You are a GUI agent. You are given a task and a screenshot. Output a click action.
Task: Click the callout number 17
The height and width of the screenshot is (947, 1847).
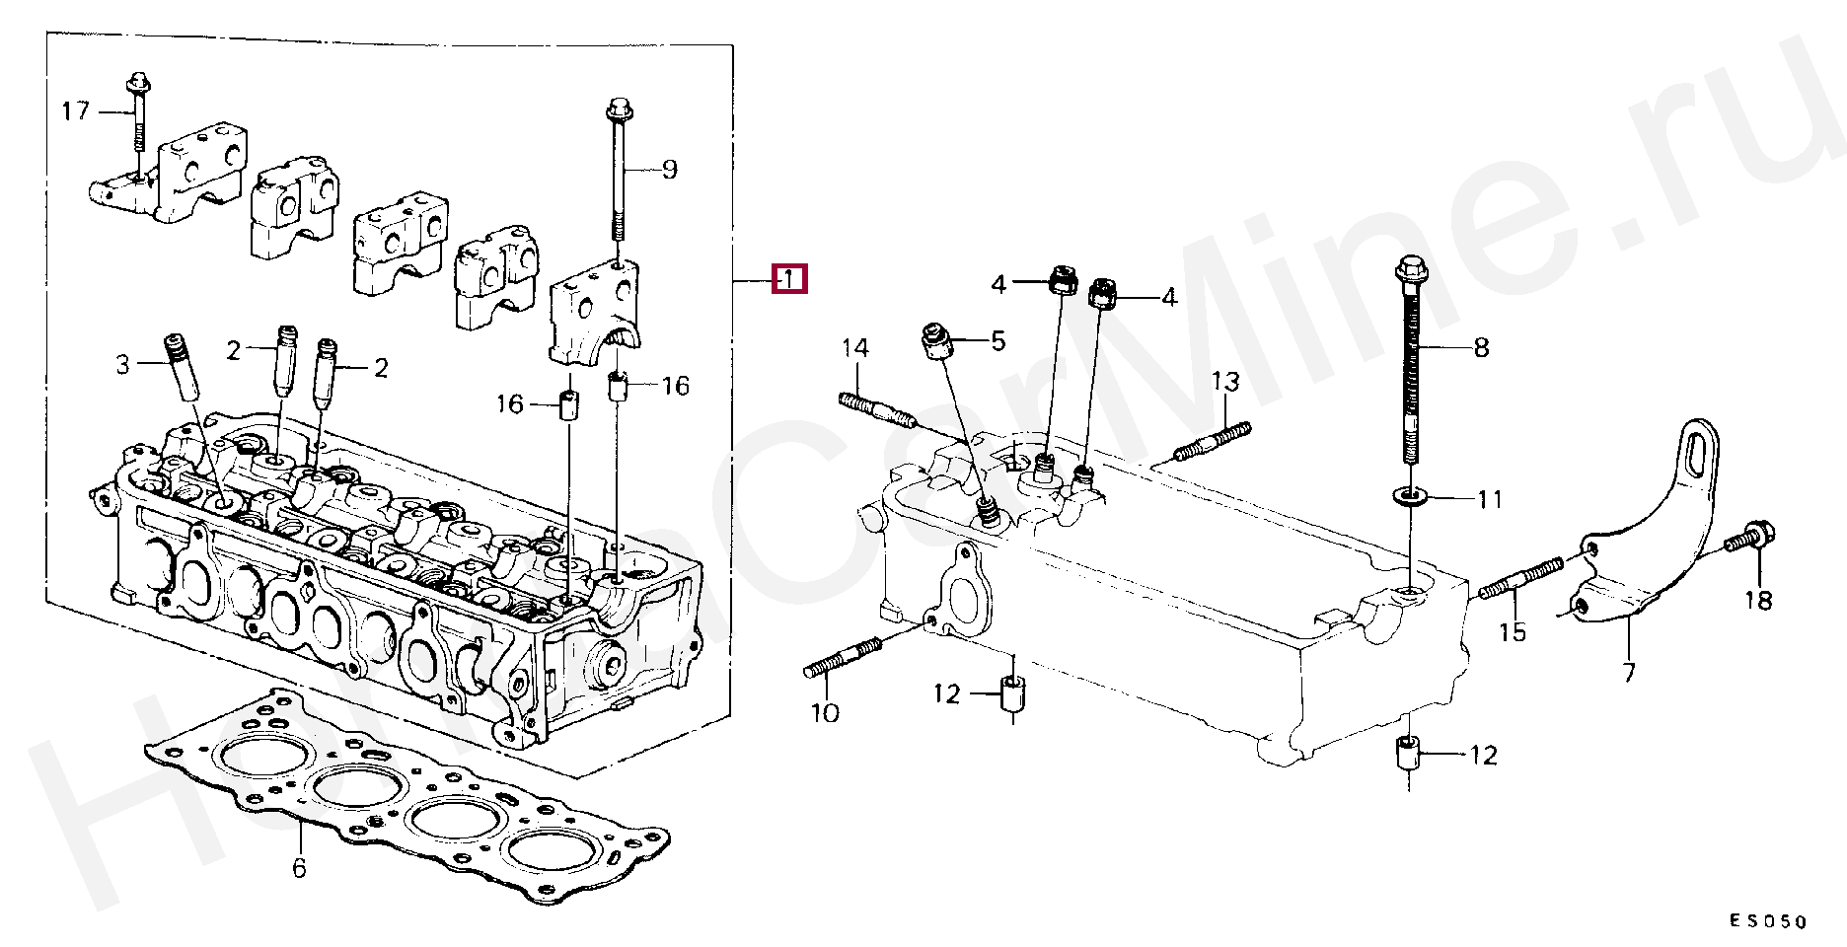coord(75,110)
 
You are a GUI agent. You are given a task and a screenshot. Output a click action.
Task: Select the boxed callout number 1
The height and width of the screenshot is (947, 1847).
coord(789,280)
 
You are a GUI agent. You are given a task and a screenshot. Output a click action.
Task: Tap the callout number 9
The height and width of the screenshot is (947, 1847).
coord(669,170)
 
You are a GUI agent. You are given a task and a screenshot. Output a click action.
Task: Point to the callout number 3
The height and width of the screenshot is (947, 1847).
coord(122,365)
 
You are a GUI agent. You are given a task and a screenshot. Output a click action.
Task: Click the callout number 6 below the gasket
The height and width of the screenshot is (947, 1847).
coord(299,868)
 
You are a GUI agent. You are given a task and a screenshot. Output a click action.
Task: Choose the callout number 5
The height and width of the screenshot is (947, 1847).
coord(998,341)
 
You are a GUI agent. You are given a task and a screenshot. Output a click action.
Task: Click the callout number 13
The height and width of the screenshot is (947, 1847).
coord(1224,381)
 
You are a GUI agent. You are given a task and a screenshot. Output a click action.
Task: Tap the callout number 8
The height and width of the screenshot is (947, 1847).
coord(1481,347)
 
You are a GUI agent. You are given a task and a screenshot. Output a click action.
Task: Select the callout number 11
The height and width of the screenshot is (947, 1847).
coord(1490,499)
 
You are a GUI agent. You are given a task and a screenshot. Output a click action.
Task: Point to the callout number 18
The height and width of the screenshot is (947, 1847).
coord(1758,600)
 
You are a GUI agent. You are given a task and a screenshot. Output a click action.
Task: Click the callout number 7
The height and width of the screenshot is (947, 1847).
coord(1629,673)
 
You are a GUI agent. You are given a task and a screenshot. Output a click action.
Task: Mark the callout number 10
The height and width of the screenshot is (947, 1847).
coord(825,712)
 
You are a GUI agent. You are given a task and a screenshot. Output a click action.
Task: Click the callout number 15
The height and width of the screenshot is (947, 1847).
coord(1513,631)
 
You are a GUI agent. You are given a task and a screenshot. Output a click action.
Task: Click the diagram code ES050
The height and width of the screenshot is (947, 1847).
coord(1767,921)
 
